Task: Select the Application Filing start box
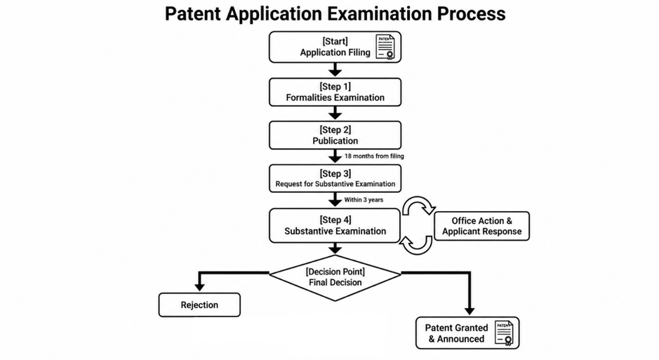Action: click(335, 47)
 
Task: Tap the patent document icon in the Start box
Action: click(385, 47)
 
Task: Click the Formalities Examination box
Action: click(335, 92)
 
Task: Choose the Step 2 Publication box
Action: click(335, 135)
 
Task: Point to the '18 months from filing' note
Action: click(374, 156)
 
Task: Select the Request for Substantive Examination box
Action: click(335, 178)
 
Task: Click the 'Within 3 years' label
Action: click(364, 200)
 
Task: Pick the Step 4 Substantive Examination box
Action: click(335, 225)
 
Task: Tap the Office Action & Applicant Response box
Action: click(481, 226)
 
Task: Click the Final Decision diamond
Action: click(335, 278)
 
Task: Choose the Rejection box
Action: click(199, 305)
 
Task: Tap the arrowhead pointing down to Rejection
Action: click(199, 287)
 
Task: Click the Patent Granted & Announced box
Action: click(467, 333)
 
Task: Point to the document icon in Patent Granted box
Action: click(504, 333)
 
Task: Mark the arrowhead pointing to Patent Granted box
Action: click(470, 311)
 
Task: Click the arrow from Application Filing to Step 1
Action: click(335, 70)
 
